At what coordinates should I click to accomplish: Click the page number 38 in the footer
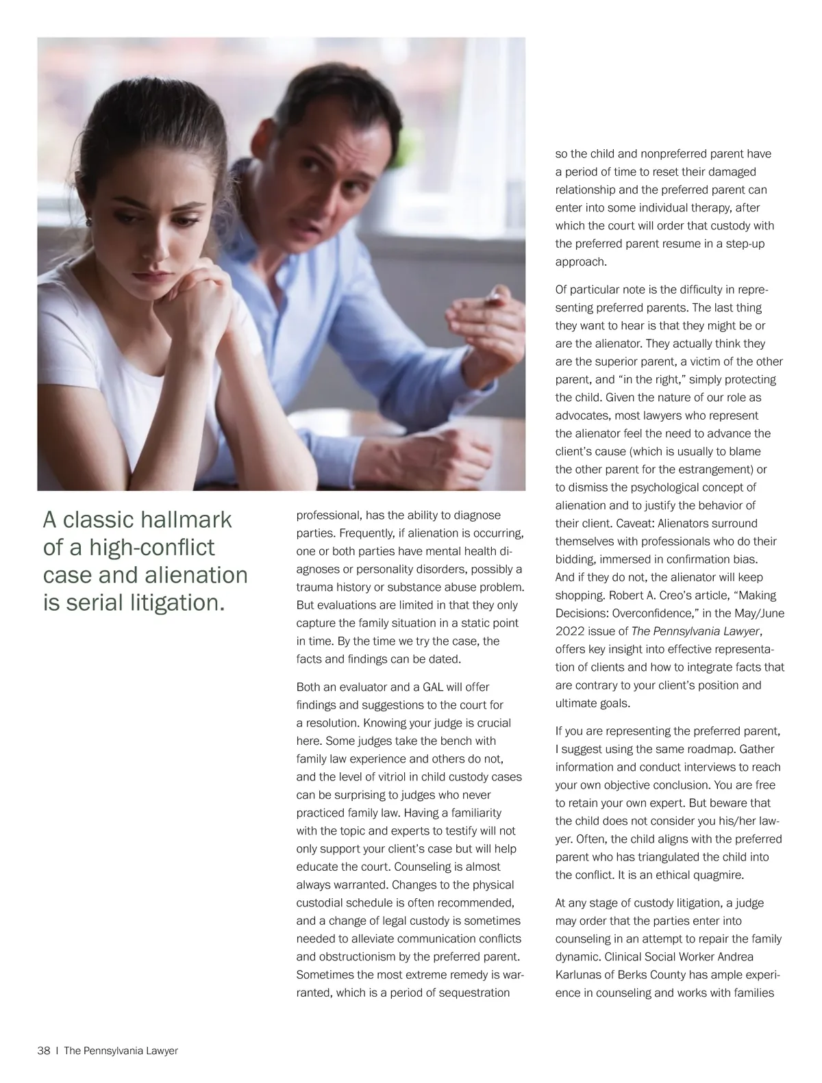[x=44, y=1051]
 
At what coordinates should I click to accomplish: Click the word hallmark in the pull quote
[x=186, y=520]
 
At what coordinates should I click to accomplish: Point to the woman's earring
[x=89, y=221]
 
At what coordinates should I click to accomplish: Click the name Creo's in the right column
[x=693, y=596]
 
